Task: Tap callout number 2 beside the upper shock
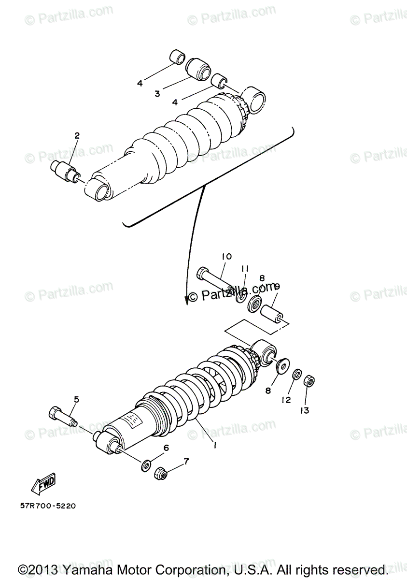(x=76, y=136)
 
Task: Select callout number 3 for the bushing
(x=157, y=94)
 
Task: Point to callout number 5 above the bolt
(x=76, y=399)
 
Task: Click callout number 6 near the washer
(x=166, y=448)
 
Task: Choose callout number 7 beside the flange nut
(x=186, y=461)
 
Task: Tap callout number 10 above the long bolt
(x=227, y=256)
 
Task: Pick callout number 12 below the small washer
(x=286, y=400)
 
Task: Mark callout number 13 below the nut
(x=305, y=410)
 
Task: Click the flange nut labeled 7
(x=161, y=474)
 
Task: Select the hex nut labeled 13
(x=309, y=380)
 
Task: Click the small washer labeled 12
(x=297, y=375)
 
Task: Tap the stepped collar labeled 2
(x=65, y=170)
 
